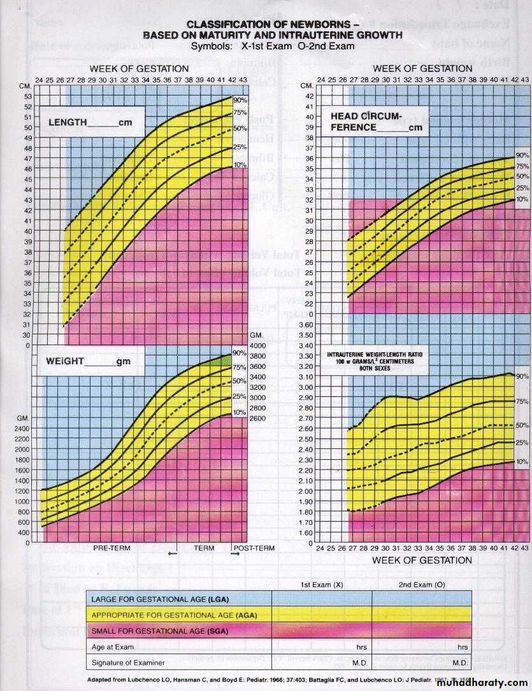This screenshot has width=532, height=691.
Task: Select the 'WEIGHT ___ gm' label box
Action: point(87,361)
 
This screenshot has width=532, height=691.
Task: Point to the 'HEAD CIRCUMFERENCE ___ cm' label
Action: point(376,122)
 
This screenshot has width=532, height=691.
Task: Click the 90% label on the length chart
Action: point(241,100)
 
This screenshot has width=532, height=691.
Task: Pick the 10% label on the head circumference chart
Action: point(522,199)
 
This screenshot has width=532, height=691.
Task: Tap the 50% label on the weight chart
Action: point(240,381)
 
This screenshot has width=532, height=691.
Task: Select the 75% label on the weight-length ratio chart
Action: point(522,402)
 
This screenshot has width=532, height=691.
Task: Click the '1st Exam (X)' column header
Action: point(321,585)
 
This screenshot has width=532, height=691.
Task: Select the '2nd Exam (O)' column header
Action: point(421,585)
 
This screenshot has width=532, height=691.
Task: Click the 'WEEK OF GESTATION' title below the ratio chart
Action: point(422,560)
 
